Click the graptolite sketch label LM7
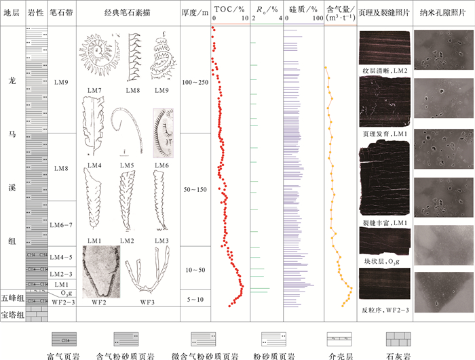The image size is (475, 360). coord(94,90)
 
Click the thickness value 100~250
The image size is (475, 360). coord(194,82)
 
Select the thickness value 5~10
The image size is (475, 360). coord(194,299)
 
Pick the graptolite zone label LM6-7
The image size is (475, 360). coord(62,224)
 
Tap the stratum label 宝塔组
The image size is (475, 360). coord(13,314)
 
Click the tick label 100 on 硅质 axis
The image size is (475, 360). coord(318,20)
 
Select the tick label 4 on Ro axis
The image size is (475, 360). coord(280,20)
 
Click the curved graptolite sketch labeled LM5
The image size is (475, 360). coord(129,129)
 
